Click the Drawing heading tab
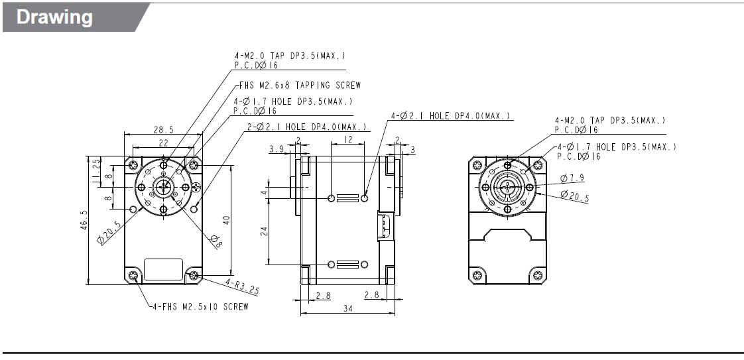coord(55,17)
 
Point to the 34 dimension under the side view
coord(347,308)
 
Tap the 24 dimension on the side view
coord(263,230)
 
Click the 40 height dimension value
coord(226,219)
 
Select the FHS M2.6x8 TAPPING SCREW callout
coord(300,85)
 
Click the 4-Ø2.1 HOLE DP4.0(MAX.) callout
coord(451,116)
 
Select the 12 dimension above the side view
coord(347,140)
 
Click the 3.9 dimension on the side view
coord(277,150)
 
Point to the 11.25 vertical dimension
coord(97,166)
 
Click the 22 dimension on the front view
coord(162,143)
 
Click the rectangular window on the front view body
coord(163,269)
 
